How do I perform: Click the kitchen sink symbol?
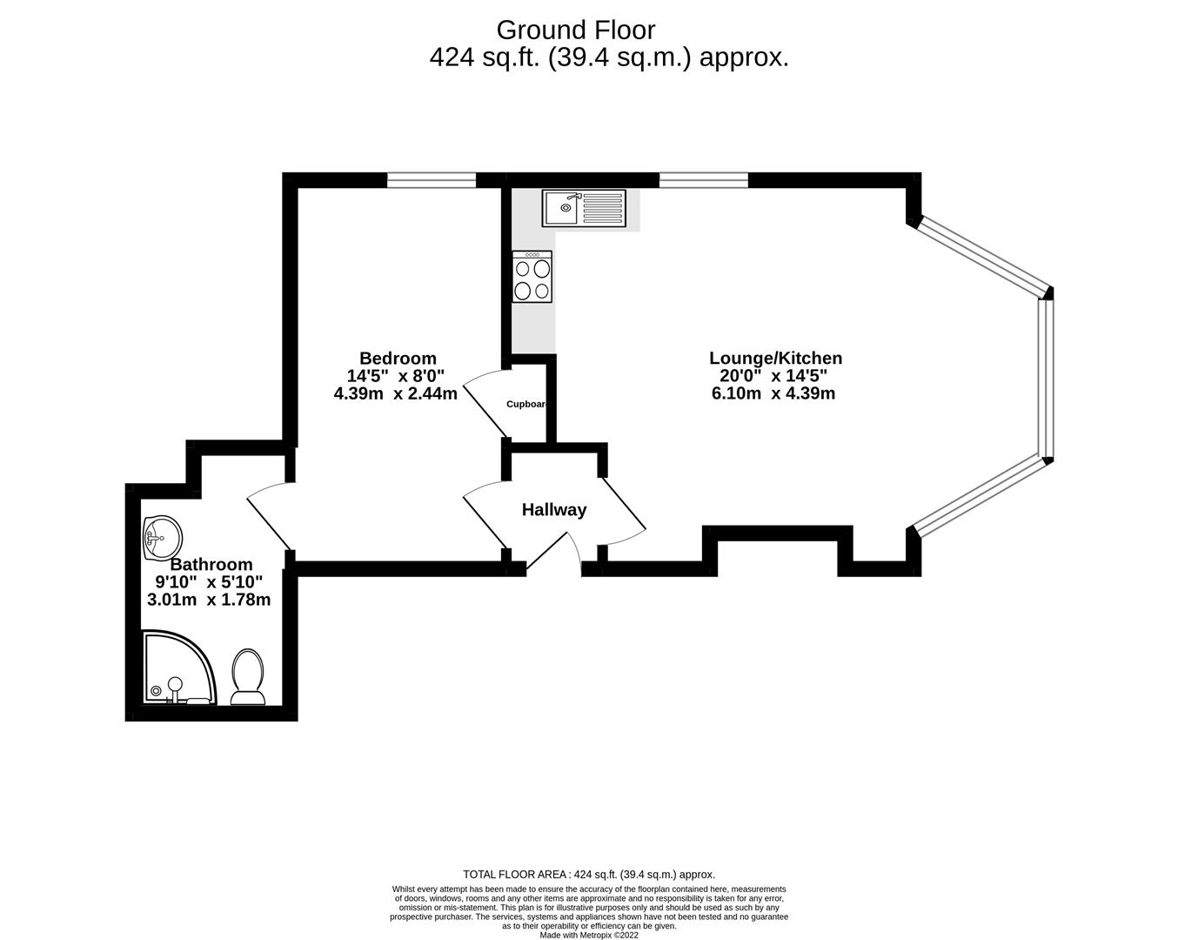click(x=584, y=207)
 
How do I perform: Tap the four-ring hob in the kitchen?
click(x=532, y=277)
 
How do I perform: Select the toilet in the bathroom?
click(x=248, y=676)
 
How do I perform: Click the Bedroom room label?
click(x=398, y=358)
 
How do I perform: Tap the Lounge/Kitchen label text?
click(x=775, y=358)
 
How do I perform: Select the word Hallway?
click(x=554, y=510)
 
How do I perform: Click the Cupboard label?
click(x=526, y=404)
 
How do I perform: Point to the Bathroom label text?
click(x=211, y=564)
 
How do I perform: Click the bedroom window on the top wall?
click(x=432, y=180)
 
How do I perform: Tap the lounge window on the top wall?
click(x=703, y=180)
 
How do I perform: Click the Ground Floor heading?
click(x=575, y=30)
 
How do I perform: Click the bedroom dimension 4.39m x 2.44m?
click(x=396, y=393)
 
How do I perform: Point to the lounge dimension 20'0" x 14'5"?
click(x=773, y=376)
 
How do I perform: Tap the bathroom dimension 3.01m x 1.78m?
click(x=210, y=600)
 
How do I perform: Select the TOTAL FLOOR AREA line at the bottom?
click(x=589, y=875)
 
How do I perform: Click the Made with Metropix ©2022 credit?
click(x=589, y=936)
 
